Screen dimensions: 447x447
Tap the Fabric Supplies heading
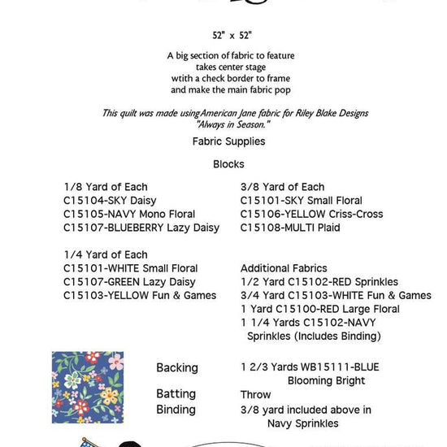click(x=228, y=141)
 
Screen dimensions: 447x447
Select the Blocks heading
click(x=228, y=163)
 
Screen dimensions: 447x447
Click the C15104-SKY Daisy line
click(x=110, y=200)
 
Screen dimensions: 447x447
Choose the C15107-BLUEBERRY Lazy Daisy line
click(x=141, y=228)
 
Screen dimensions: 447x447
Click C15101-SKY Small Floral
click(x=301, y=200)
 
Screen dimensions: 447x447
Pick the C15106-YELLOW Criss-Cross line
click(x=311, y=214)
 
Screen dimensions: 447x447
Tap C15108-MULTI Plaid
click(x=290, y=228)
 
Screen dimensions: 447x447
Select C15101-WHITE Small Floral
click(x=130, y=268)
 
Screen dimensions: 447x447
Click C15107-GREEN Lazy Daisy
click(x=129, y=282)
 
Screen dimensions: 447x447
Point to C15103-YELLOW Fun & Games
click(x=140, y=296)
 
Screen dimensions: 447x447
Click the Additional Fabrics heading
click(x=284, y=268)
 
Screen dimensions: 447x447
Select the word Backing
click(x=177, y=368)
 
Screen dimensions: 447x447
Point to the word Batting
click(x=176, y=394)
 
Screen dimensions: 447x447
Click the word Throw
click(x=256, y=394)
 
